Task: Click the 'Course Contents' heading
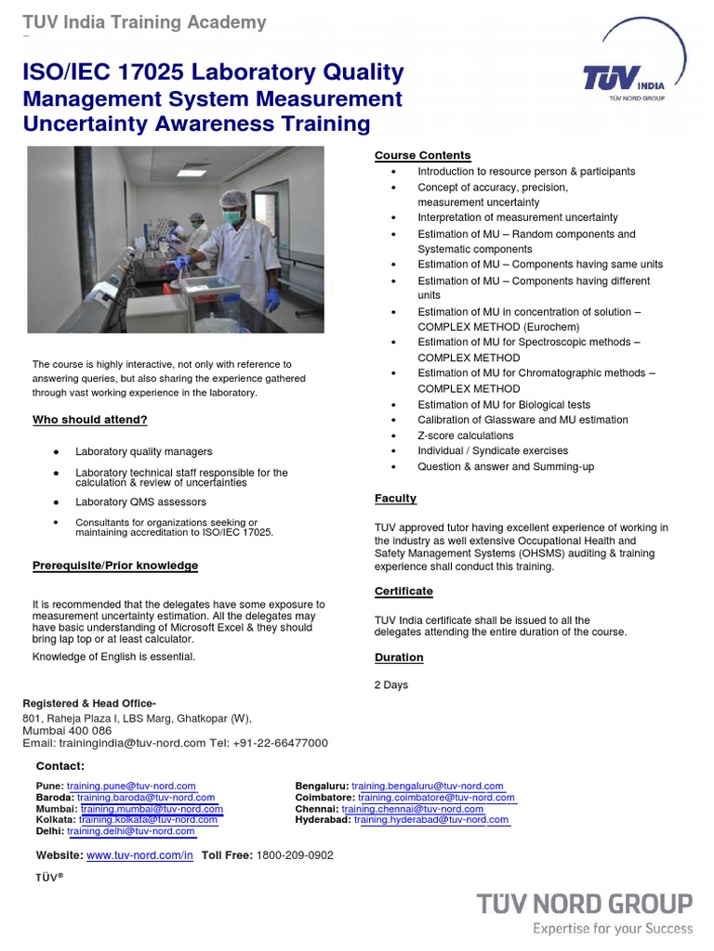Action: click(x=422, y=155)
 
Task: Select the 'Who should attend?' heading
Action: click(x=90, y=420)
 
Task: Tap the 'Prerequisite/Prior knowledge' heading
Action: click(x=115, y=566)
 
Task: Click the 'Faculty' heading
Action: click(x=395, y=499)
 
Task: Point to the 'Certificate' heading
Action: click(x=403, y=591)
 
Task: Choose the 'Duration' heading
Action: click(x=399, y=658)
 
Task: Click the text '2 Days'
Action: click(x=390, y=685)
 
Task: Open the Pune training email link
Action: click(x=131, y=786)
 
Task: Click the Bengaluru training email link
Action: click(x=428, y=786)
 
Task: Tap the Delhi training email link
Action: click(x=130, y=831)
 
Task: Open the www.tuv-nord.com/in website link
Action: click(x=139, y=855)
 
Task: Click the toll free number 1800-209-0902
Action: click(x=295, y=855)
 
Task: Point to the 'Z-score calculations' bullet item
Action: click(x=465, y=436)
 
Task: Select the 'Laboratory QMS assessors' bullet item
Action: click(x=140, y=502)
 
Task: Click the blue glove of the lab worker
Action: click(x=272, y=299)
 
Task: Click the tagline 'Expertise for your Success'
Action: click(x=612, y=928)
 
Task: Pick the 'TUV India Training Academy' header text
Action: click(x=144, y=22)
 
